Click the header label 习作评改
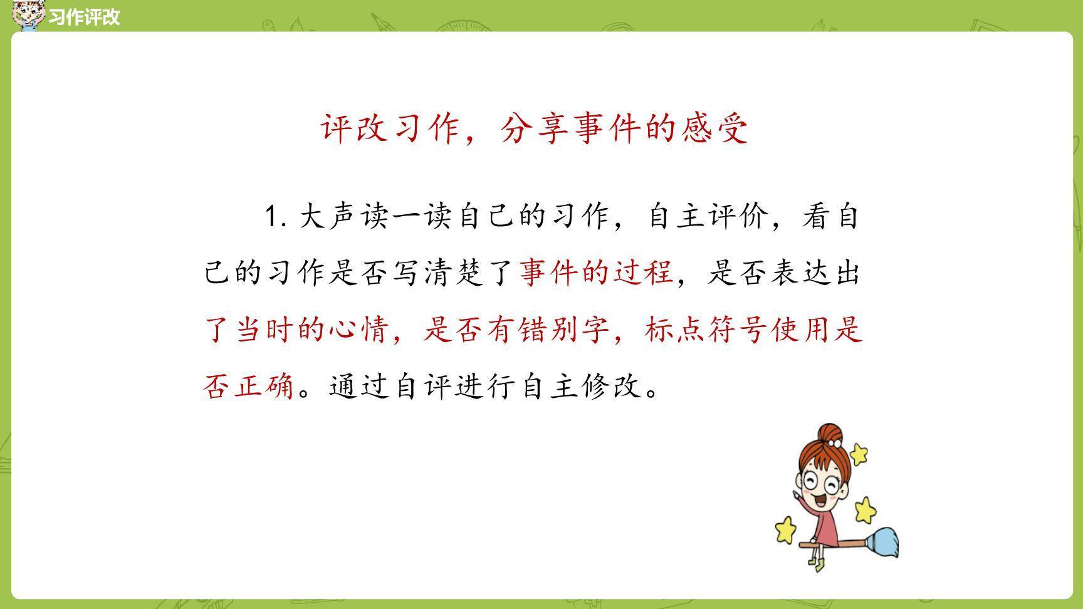click(x=83, y=17)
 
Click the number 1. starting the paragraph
click(x=275, y=217)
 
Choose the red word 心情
click(x=359, y=330)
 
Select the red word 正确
click(x=264, y=386)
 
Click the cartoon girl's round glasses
click(x=821, y=483)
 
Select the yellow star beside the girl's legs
click(x=785, y=529)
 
